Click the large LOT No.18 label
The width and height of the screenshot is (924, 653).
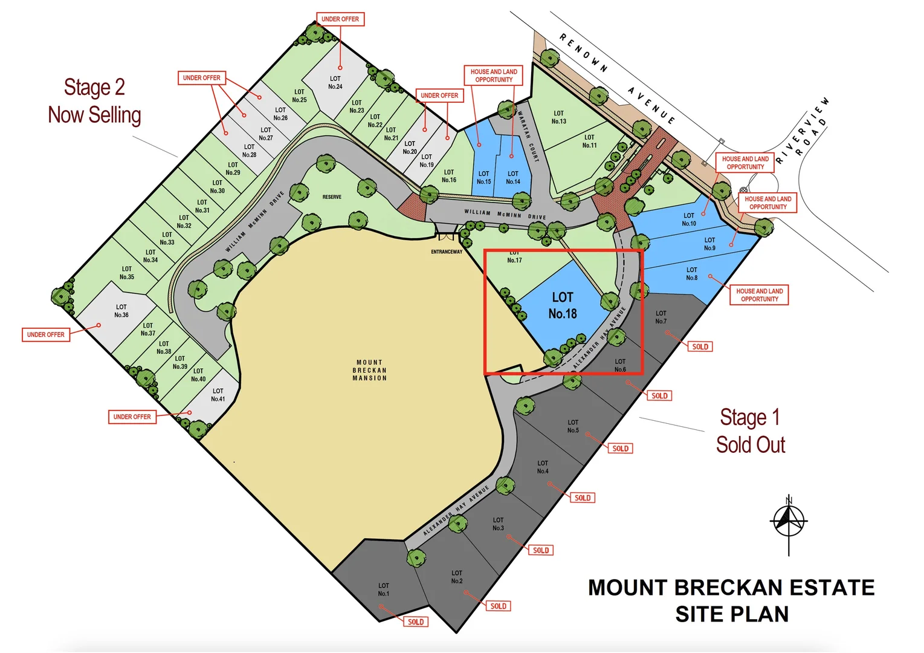point(563,305)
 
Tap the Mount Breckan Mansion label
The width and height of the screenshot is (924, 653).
point(369,370)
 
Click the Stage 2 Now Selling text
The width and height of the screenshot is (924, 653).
point(95,101)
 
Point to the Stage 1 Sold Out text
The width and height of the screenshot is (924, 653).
point(750,431)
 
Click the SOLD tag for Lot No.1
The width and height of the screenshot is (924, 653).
point(416,622)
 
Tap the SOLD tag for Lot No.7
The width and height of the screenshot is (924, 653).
point(700,346)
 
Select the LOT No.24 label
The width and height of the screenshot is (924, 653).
point(335,83)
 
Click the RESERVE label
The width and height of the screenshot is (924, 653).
point(332,197)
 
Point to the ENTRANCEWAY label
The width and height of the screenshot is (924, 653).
point(447,252)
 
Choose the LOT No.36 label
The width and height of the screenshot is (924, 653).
point(121,311)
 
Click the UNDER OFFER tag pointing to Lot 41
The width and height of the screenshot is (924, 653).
point(132,417)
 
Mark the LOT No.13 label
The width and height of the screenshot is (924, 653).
point(559,117)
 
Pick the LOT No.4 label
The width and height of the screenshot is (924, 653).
point(543,467)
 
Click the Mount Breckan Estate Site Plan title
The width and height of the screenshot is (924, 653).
point(731,600)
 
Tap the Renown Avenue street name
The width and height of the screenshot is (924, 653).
point(616,79)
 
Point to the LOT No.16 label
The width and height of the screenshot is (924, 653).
point(449,176)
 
